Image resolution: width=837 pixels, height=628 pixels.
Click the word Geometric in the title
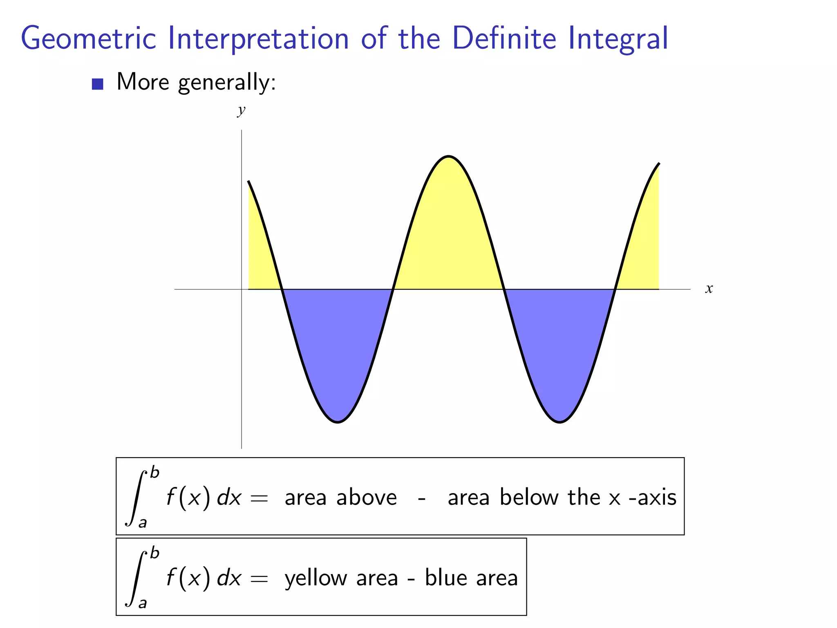[x=88, y=39]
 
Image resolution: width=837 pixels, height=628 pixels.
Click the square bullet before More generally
[x=97, y=84]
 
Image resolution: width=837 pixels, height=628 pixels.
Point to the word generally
[x=227, y=83]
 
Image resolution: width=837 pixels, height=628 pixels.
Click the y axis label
[x=242, y=110]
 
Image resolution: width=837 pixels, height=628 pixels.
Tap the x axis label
[x=709, y=289]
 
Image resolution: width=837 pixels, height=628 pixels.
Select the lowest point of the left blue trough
[x=338, y=422]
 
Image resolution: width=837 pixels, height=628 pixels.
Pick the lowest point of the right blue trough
[x=560, y=422]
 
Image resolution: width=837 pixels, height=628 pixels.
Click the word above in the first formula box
[x=367, y=498]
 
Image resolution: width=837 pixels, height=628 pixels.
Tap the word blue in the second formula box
[x=446, y=578]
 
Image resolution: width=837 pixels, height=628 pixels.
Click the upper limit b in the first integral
[x=154, y=473]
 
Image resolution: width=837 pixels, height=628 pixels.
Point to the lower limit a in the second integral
[x=142, y=603]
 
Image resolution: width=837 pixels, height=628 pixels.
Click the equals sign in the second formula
[x=259, y=579]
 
